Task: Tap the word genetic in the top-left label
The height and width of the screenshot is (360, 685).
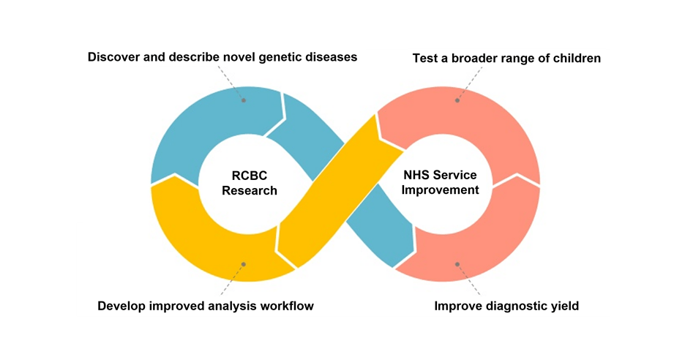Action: pos(274,57)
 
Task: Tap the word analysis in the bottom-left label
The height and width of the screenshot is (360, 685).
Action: pos(230,306)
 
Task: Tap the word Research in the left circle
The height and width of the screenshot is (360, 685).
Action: pos(250,191)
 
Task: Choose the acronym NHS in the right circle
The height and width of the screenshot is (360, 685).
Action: pos(418,176)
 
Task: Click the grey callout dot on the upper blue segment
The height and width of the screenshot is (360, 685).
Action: pos(244,100)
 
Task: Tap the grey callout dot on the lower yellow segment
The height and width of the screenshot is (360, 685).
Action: pos(244,264)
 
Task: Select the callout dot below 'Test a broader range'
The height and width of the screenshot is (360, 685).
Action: pos(457,100)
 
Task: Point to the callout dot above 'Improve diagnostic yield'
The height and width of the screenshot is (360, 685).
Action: pos(457,264)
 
